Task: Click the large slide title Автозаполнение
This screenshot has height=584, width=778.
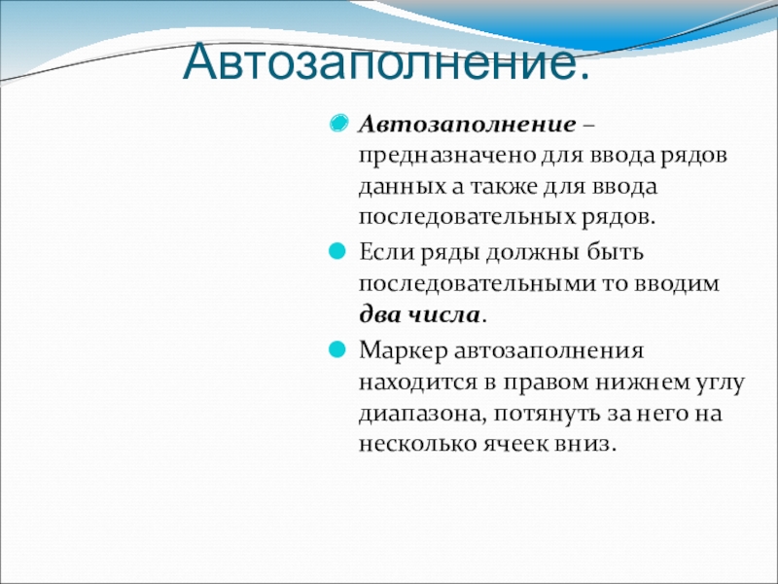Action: pos(386,61)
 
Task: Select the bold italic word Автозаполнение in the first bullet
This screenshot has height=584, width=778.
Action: pos(468,125)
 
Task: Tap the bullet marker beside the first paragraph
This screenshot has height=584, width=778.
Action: pos(338,124)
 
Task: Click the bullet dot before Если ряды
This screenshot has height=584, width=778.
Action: pos(336,251)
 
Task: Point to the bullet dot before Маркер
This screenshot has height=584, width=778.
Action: pos(336,349)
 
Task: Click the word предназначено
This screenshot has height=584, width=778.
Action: pos(447,157)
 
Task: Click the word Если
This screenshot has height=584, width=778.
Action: pos(387,252)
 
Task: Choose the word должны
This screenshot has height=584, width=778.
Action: pos(532,253)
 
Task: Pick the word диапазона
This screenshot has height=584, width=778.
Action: pos(422,415)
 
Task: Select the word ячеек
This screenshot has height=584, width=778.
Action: pos(515,443)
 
